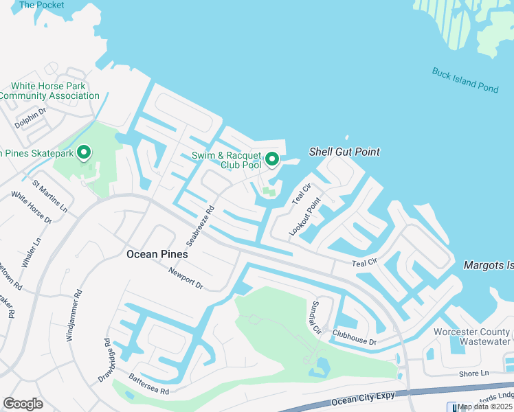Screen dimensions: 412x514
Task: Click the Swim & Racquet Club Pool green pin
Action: (x=271, y=159)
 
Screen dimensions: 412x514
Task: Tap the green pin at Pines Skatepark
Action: (x=84, y=152)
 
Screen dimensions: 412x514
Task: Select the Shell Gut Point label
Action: (x=344, y=152)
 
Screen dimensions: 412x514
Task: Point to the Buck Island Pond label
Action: (x=465, y=80)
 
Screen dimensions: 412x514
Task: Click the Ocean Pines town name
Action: (x=157, y=254)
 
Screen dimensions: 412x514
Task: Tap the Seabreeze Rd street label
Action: (x=201, y=226)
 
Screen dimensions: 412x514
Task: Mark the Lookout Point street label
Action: (x=304, y=217)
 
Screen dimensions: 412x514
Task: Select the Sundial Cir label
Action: (x=316, y=316)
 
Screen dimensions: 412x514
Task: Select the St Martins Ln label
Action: (x=50, y=196)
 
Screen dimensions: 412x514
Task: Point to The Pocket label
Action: (x=41, y=5)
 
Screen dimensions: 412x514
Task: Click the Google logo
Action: (x=23, y=404)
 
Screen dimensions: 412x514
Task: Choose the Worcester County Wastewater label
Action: (x=472, y=336)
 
